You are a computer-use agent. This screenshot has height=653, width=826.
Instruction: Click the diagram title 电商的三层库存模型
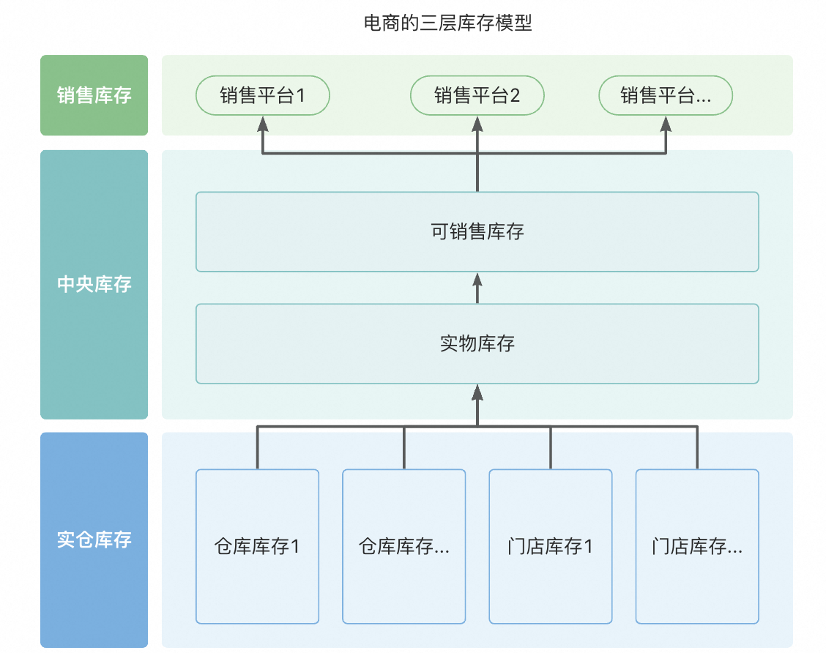pos(447,23)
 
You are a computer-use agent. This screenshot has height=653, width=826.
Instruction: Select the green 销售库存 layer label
pos(94,95)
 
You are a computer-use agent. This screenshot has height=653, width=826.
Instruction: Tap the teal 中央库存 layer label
pos(94,284)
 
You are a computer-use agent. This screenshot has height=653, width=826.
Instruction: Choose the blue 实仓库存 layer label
pos(94,540)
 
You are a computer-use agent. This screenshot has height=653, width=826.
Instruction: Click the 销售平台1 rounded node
pos(262,95)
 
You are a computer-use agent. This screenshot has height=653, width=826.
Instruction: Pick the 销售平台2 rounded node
pos(477,95)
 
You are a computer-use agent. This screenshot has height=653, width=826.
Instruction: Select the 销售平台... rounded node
pos(666,95)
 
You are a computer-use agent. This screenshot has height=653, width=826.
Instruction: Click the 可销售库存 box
pos(477,232)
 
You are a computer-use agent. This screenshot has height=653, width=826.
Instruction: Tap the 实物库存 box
pos(477,343)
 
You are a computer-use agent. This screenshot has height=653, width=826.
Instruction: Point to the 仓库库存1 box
pos(257,546)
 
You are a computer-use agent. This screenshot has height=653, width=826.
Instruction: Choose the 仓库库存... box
pos(404,546)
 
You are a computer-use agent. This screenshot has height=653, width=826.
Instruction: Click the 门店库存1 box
pos(551,546)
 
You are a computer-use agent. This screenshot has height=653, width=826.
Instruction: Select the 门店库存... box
pos(697,546)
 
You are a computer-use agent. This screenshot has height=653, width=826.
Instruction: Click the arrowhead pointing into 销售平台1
pos(262,124)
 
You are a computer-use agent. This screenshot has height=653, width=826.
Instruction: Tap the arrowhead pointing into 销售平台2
pos(477,124)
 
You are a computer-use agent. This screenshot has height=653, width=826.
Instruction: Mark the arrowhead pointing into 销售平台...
pos(666,124)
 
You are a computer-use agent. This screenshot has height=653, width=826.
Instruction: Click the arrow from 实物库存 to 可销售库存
pos(477,288)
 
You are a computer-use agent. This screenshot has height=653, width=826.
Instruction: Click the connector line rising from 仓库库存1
pos(257,447)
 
